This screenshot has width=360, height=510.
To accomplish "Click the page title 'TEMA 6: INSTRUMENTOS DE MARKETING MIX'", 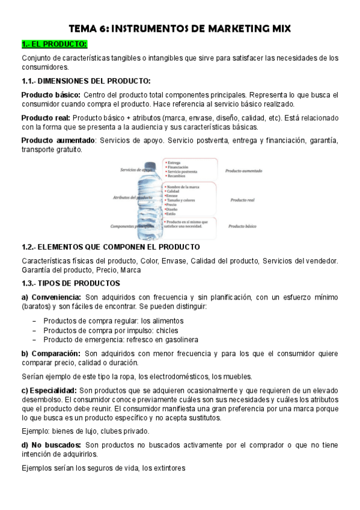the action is point(180,28).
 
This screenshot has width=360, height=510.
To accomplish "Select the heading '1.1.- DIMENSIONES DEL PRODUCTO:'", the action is point(86,81).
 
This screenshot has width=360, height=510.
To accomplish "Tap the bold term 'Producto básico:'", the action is point(50,95).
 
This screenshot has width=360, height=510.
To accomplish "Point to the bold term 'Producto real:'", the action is point(46,118).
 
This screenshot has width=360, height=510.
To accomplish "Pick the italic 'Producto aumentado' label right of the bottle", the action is point(243,171).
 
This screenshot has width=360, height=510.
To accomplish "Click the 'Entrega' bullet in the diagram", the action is point(175,162).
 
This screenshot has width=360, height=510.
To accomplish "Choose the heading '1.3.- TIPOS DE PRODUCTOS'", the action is point(71,283).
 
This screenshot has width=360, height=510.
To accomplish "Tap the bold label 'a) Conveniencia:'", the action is point(51,297).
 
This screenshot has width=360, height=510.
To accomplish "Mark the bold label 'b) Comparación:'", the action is point(50,354).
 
